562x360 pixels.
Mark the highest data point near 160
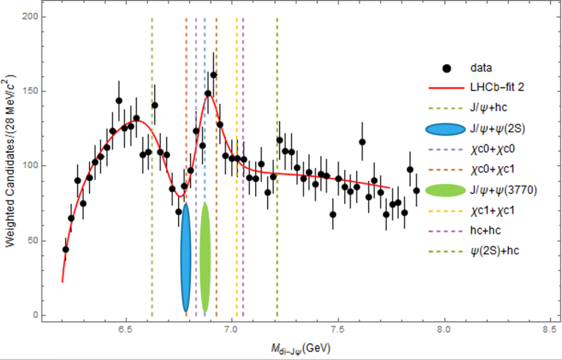tap(213, 75)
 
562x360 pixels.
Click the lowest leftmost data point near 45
tap(66, 249)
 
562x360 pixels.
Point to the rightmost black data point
tap(416, 190)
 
